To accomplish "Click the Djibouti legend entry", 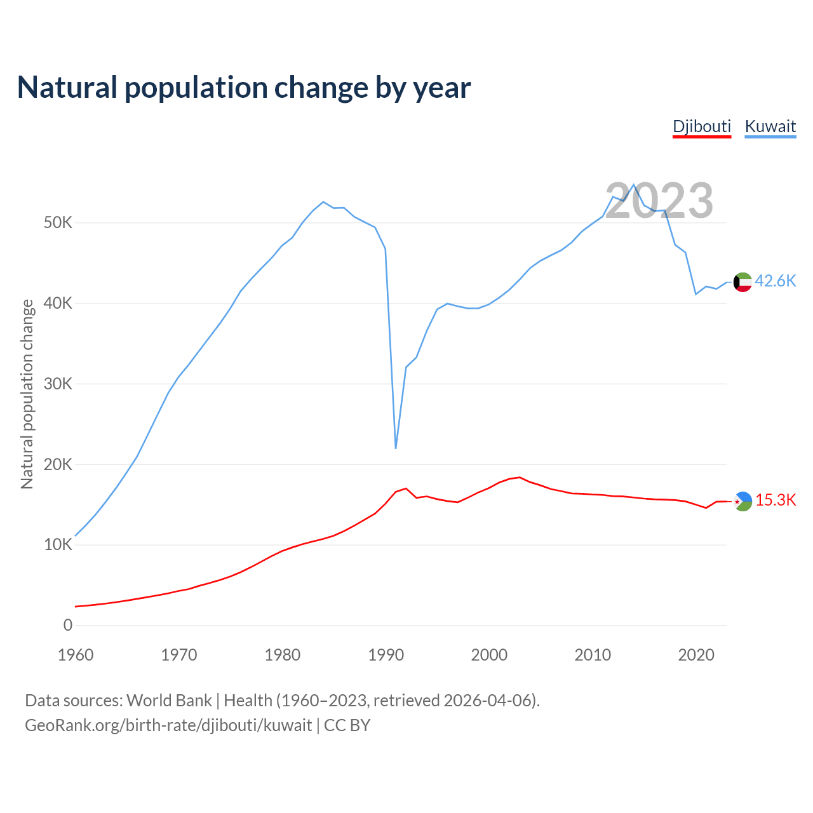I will tap(702, 126).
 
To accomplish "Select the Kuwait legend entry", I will tap(770, 126).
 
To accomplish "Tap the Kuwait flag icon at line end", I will tap(742, 282).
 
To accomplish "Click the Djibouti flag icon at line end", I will tap(742, 501).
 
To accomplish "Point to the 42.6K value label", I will tap(775, 281).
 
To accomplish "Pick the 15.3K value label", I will tap(775, 501).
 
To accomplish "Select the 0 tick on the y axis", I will tap(68, 626).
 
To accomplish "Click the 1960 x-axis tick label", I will tap(76, 655).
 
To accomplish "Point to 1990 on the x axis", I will tap(386, 655).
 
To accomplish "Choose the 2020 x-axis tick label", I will tap(696, 655).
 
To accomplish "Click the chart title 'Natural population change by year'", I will tap(244, 88).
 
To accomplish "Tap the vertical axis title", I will tap(27, 394).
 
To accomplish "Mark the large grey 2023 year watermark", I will tap(659, 201).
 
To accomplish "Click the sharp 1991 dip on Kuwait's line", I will tap(396, 448).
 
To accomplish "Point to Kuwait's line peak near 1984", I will tap(323, 202).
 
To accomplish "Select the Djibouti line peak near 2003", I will tap(520, 477).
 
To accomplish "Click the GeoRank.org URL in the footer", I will tap(168, 725).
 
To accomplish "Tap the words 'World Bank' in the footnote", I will tap(169, 701).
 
